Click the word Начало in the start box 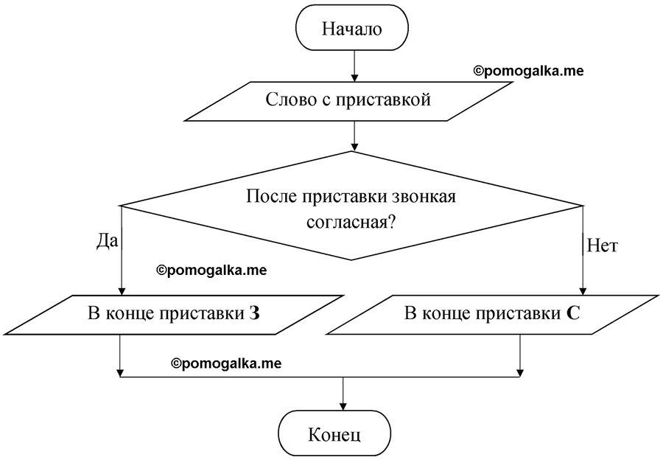(352, 29)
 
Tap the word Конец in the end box (334, 435)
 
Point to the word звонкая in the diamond (424, 198)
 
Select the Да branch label (108, 241)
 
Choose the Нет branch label (603, 246)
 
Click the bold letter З (254, 314)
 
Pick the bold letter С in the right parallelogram (572, 314)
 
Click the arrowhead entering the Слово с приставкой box (354, 77)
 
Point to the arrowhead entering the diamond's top (354, 147)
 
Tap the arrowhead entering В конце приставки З (122, 291)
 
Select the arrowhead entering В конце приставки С (583, 291)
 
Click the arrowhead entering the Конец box (343, 406)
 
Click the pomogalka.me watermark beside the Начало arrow (528, 71)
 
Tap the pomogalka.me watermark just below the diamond (212, 271)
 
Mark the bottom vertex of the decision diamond (351, 260)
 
